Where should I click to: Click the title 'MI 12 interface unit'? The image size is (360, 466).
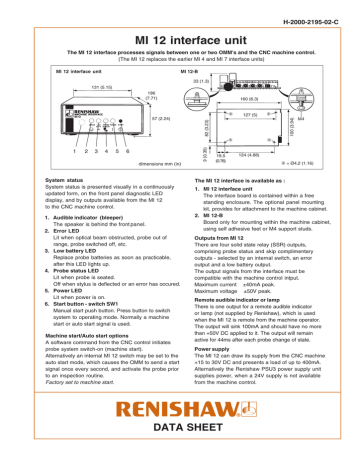coord(179,35)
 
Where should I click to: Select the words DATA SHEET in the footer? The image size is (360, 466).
coord(180,448)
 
